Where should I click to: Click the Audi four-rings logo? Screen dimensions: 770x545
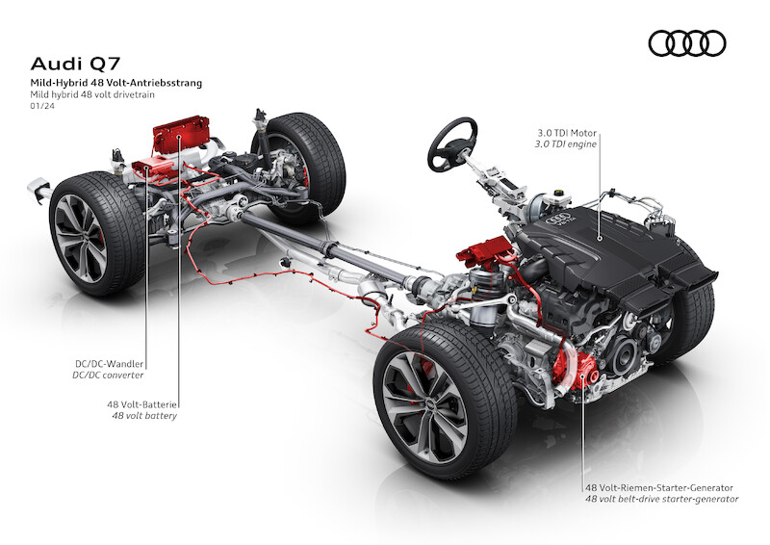click(687, 43)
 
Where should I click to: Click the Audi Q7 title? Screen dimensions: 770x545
click(75, 64)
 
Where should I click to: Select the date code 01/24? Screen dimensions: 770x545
click(42, 106)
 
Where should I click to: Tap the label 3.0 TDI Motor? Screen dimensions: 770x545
click(567, 133)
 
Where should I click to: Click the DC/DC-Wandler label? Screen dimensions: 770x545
click(109, 364)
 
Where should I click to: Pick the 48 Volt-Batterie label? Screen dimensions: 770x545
click(141, 405)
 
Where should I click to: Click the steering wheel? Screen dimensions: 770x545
click(452, 144)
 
